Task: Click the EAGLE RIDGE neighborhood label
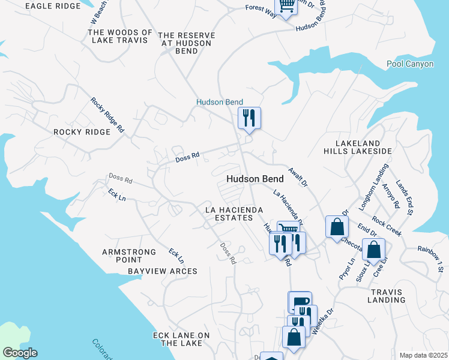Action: click(x=53, y=6)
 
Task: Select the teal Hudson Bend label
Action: click(x=220, y=103)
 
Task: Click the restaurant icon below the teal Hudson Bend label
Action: click(x=249, y=118)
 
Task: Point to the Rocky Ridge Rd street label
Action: click(x=107, y=115)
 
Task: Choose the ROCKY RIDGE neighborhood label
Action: click(x=82, y=132)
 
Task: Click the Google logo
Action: click(x=20, y=353)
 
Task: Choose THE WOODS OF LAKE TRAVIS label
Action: click(x=120, y=36)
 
